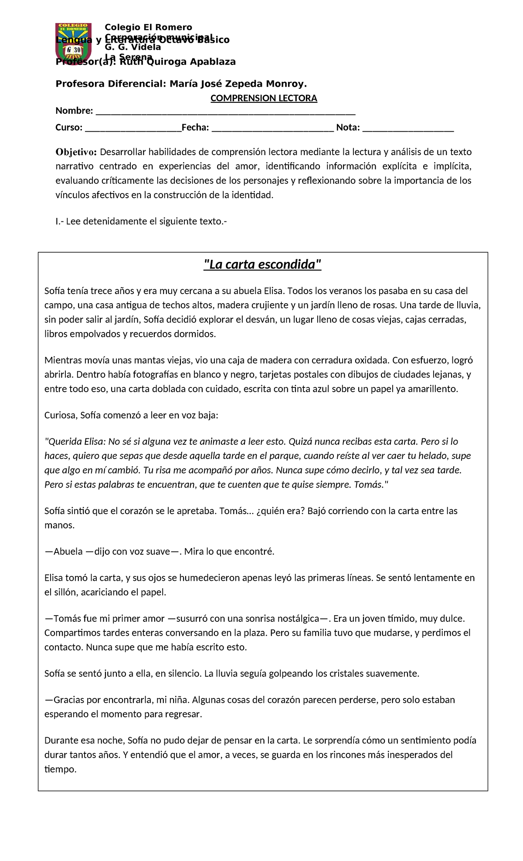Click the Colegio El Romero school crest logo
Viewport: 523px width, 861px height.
click(x=73, y=44)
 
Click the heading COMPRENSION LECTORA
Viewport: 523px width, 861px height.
click(x=264, y=98)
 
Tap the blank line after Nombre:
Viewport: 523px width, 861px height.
click(x=225, y=112)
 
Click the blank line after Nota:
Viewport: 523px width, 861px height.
click(x=408, y=129)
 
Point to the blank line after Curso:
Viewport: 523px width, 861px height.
click(x=133, y=129)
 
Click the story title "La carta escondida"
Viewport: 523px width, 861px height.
click(x=262, y=264)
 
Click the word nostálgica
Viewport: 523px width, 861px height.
click(x=298, y=618)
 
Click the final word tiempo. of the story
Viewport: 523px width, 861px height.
click(x=60, y=769)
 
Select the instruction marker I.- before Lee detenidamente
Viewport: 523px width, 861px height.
click(x=59, y=221)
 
